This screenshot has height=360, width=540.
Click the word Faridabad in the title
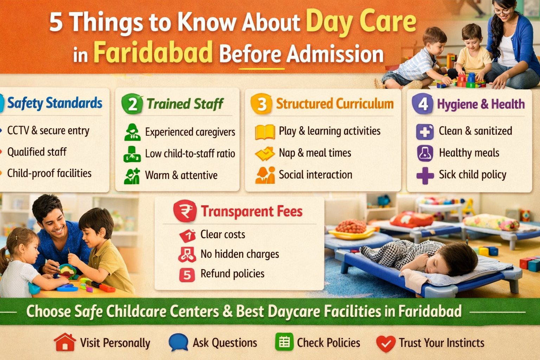pos(153,52)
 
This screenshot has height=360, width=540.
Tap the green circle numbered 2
pos(132,104)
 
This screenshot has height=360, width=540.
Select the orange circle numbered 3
pos(261,104)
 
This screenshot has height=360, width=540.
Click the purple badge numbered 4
pos(423,104)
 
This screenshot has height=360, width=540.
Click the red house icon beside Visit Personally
pos(65,342)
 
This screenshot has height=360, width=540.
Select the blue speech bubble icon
pos(178,342)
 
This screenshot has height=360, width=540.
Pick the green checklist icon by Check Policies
pos(284,342)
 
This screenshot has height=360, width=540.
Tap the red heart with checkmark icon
pos(386,343)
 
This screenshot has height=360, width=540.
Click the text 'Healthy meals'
pos(469,153)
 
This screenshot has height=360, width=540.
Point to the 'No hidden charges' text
pos(240,254)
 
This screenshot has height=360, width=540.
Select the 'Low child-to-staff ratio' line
pos(190,154)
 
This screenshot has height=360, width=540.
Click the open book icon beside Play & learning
pos(265,132)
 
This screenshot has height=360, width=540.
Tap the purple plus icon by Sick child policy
pos(425,175)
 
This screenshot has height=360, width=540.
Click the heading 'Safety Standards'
pos(55,103)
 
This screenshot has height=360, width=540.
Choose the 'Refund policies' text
pos(232,274)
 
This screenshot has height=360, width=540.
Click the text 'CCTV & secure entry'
pos(48,131)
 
